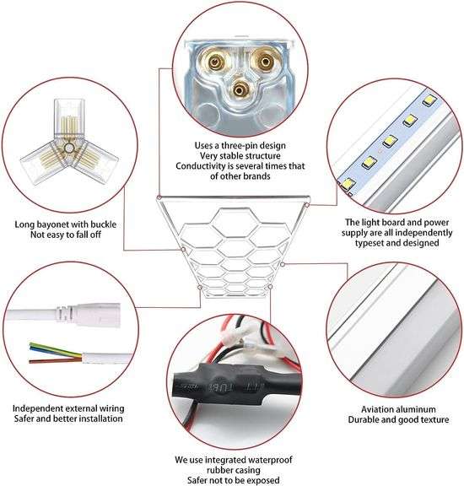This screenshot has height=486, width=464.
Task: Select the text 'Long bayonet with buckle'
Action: click(x=65, y=224)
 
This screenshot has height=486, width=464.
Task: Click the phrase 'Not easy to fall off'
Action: click(x=65, y=236)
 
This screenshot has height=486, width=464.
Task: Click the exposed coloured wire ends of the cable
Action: click(x=42, y=350)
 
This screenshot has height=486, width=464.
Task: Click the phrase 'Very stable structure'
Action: click(x=231, y=154)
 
